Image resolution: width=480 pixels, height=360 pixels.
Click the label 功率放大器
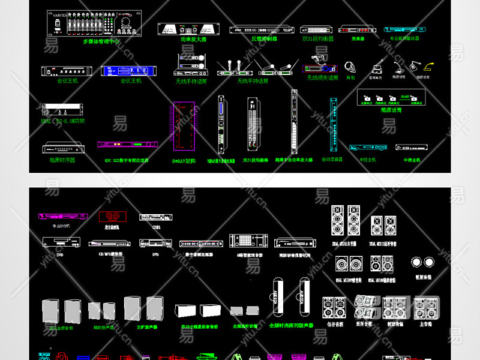coord(193,39)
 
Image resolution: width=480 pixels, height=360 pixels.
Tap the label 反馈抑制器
coord(264,38)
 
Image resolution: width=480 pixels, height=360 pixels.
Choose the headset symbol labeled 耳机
coord(350,68)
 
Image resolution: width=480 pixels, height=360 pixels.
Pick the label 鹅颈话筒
coord(391,110)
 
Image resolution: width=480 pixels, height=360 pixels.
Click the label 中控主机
coord(367,160)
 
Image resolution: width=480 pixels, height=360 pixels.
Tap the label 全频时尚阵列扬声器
coord(292,326)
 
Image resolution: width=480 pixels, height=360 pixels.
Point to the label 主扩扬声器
coord(146,327)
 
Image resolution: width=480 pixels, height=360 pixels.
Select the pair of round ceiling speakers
coord(422,262)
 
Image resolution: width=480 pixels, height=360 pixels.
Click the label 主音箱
coord(425,323)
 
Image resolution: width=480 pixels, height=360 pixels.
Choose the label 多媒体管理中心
coord(101,41)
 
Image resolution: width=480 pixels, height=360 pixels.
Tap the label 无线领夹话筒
coord(322,77)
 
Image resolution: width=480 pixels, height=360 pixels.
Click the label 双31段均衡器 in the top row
coord(317,38)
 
